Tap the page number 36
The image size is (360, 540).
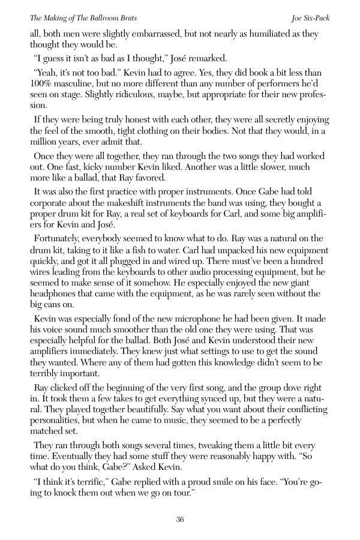click(180, 520)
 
